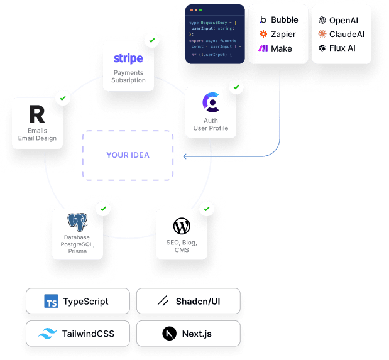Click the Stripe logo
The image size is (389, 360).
(128, 58)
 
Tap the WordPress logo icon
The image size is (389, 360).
(182, 226)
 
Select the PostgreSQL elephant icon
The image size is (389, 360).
(78, 222)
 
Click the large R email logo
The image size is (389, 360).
(37, 115)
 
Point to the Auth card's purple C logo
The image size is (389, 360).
(211, 102)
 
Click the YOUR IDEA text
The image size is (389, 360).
(128, 155)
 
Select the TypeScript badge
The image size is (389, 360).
(78, 302)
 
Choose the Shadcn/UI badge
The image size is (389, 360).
(188, 302)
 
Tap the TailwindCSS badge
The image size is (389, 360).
(78, 334)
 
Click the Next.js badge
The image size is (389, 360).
(188, 334)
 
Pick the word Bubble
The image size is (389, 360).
(284, 20)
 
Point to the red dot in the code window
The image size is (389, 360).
(190, 10)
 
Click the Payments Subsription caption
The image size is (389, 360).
(128, 77)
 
